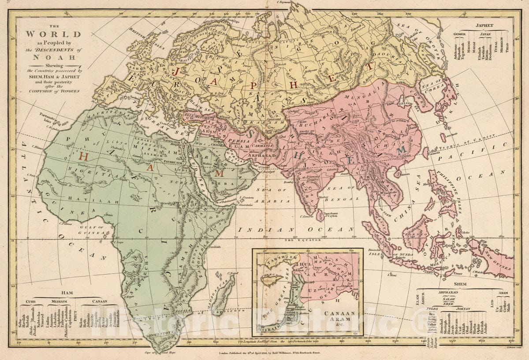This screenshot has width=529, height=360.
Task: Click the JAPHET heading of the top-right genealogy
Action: [x=484, y=25]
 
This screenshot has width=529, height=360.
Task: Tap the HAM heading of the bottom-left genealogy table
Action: [x=67, y=292]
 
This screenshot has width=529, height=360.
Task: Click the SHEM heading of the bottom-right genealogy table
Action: [x=460, y=284]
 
